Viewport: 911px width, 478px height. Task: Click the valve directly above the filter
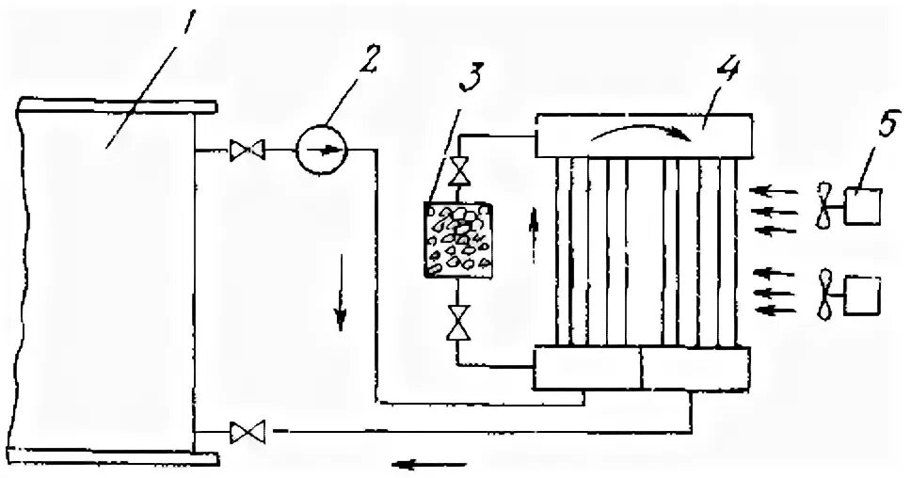tap(459, 172)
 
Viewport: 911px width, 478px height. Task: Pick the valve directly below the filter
tap(459, 323)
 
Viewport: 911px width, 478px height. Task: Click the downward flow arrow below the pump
tap(341, 311)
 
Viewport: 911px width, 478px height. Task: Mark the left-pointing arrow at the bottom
tap(429, 463)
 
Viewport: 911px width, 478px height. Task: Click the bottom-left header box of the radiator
tap(587, 368)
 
